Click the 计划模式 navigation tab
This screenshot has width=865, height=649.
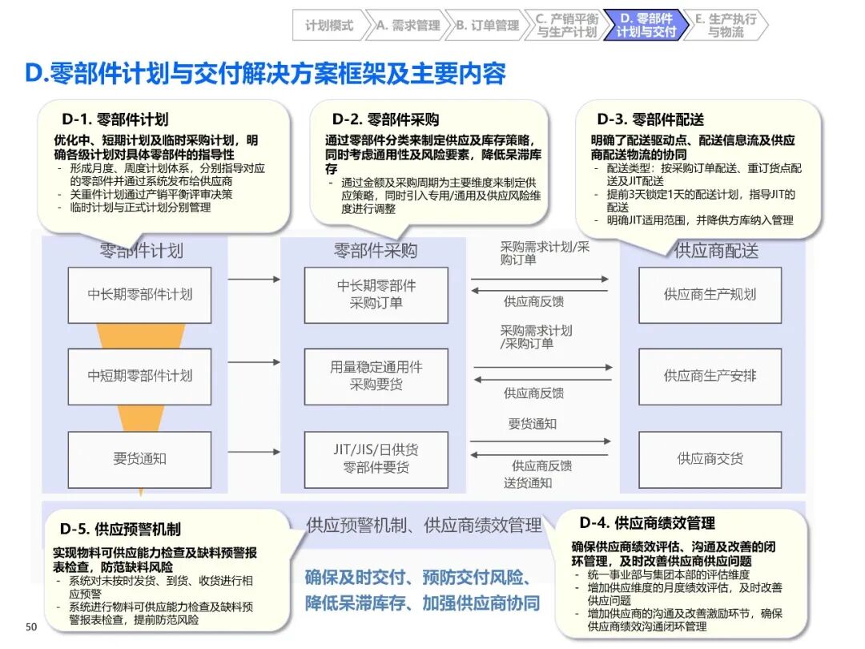(328, 25)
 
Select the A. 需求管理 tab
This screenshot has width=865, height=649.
(408, 25)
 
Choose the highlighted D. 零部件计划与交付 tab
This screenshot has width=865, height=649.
(646, 25)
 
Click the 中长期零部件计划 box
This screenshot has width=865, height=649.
(139, 294)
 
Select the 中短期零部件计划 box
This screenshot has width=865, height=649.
(139, 376)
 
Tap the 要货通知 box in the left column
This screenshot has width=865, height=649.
(139, 459)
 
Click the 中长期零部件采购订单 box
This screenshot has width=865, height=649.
(376, 294)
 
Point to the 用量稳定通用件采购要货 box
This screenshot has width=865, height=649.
(376, 376)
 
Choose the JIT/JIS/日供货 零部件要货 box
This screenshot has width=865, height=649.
(376, 459)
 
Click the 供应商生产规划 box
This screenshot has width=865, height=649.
(710, 294)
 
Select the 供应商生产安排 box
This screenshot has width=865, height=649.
(710, 376)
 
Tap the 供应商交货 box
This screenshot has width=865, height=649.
(710, 459)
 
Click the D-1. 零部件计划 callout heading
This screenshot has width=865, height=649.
(115, 120)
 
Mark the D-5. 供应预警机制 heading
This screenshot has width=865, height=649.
(120, 529)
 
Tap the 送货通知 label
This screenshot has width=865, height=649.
(528, 482)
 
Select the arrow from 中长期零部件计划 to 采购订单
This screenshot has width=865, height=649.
(253, 280)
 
